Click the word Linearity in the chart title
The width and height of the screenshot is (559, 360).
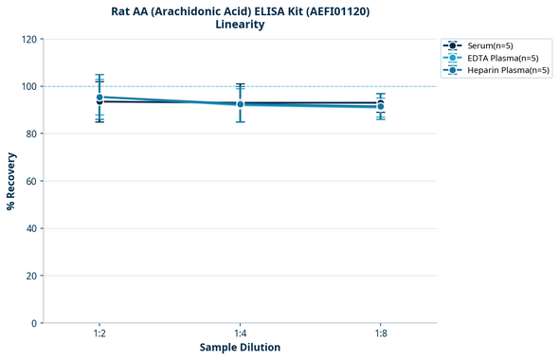pos(240,25)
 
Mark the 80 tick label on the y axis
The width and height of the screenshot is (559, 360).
pos(30,134)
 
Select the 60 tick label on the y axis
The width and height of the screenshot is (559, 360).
pos(30,181)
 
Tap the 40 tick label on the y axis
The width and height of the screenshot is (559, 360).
pos(30,228)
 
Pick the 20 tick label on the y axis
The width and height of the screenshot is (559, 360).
pos(30,276)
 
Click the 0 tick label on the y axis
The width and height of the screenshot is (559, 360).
pos(33,323)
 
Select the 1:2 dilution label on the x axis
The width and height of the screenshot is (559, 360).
pos(99,334)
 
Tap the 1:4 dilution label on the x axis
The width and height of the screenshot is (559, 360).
pos(240,334)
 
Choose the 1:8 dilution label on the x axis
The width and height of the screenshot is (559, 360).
pos(380,334)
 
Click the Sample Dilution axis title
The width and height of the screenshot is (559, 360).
pos(240,348)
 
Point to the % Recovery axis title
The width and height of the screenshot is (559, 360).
pos(11,181)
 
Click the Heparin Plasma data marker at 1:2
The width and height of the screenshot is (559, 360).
pos(99,97)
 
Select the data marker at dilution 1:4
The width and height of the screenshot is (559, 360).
pos(240,104)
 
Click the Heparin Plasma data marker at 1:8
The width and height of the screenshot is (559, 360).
pos(380,107)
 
